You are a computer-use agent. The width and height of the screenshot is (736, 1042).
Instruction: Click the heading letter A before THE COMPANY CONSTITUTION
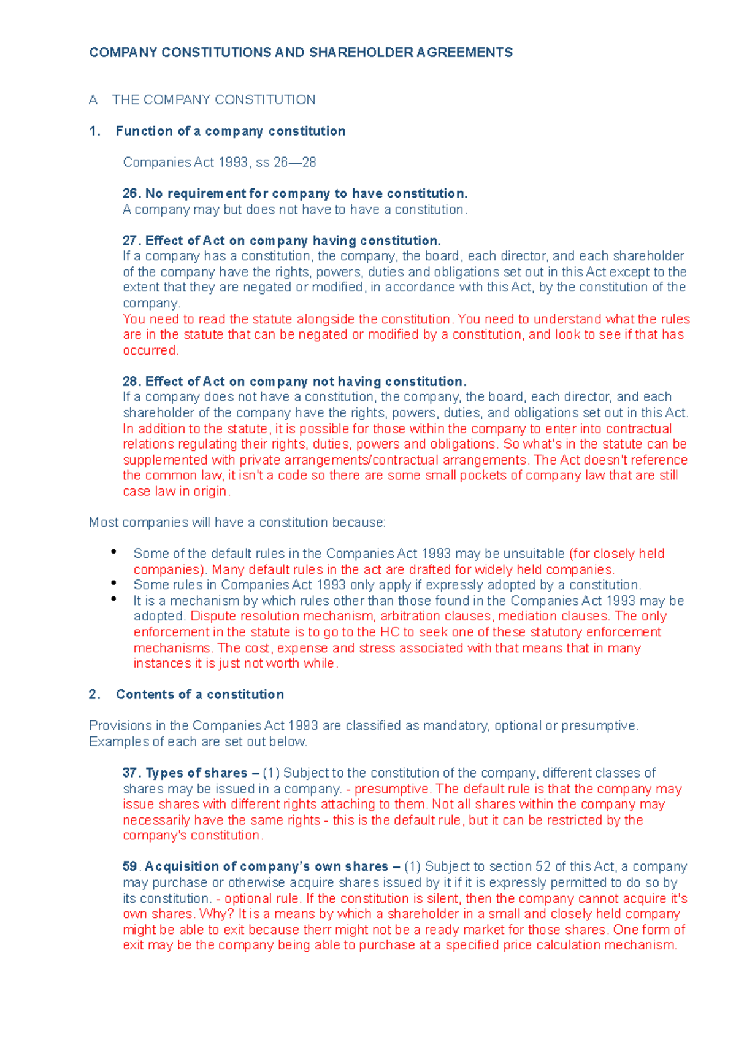point(93,100)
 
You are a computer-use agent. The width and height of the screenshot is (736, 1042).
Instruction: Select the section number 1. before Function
point(94,131)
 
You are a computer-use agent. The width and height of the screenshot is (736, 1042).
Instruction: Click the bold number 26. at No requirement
point(132,194)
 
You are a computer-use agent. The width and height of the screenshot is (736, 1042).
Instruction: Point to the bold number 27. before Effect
point(132,241)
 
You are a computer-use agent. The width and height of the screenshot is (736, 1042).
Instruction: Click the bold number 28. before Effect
point(132,382)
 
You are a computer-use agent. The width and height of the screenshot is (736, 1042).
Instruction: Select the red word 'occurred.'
point(151,350)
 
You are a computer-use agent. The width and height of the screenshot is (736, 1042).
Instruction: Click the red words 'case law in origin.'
point(177,492)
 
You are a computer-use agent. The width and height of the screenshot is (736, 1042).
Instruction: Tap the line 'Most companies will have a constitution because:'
point(237,523)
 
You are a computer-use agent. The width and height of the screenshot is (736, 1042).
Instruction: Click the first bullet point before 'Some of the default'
point(114,552)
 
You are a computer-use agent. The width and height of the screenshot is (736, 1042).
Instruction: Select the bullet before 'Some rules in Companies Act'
point(114,583)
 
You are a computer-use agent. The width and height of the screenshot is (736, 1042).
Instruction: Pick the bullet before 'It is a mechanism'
point(114,599)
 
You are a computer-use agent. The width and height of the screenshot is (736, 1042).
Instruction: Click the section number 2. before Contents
point(94,695)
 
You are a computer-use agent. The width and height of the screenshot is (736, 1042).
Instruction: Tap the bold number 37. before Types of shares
point(132,773)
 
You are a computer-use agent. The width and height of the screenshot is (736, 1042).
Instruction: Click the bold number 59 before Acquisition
point(130,867)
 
